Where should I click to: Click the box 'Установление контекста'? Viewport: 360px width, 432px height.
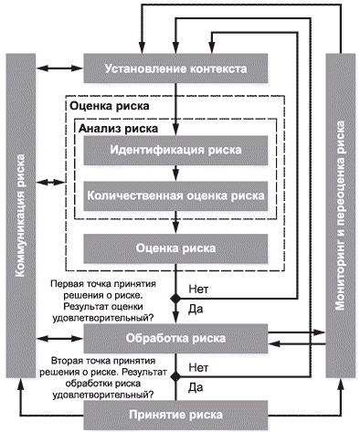175,68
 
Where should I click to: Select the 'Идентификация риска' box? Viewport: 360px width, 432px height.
175,151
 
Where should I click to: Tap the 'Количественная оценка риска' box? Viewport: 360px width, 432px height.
175,195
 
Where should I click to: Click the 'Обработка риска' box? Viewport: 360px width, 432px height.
175,339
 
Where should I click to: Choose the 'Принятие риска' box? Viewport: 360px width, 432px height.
175,415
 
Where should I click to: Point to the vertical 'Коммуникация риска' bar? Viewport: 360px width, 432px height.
21,216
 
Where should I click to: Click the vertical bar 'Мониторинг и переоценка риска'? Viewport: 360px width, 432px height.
341,216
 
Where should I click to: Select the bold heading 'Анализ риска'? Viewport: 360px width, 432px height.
119,129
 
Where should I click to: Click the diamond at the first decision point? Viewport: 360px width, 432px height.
175,299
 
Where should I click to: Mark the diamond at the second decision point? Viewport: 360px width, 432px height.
175,377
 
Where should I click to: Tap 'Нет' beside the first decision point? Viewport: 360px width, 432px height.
198,289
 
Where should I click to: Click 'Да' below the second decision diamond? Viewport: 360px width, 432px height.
196,388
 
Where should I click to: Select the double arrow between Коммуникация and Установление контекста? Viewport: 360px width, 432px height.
59,68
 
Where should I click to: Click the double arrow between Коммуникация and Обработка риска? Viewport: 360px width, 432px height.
59,338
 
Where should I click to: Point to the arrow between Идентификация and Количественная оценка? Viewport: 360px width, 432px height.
175,174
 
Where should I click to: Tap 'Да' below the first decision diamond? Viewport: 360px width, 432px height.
196,310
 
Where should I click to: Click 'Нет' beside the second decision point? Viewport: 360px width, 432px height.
198,367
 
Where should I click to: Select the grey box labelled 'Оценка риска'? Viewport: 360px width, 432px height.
175,248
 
